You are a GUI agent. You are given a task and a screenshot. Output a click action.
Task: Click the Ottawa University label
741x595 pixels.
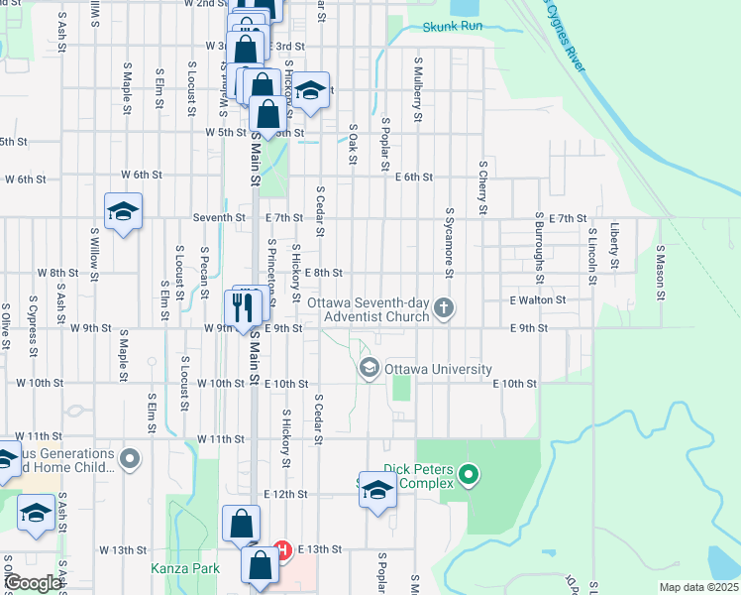click(x=438, y=369)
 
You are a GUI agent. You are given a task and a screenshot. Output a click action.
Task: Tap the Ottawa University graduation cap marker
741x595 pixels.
click(x=370, y=369)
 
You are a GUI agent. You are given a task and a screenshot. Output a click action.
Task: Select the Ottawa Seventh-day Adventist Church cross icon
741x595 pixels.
click(x=444, y=308)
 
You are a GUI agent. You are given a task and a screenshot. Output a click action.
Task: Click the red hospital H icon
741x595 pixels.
click(x=281, y=549)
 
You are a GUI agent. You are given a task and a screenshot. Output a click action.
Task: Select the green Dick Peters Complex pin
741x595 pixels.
click(x=471, y=477)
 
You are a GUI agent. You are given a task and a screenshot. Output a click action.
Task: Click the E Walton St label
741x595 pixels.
click(x=537, y=299)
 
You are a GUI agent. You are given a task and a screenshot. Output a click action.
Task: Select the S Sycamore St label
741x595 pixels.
click(x=449, y=242)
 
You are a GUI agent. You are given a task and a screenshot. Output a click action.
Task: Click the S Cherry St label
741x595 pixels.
click(x=482, y=185)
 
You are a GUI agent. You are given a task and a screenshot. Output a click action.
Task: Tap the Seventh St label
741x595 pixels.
click(x=219, y=217)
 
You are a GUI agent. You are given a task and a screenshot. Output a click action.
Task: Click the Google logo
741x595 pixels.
click(x=34, y=583)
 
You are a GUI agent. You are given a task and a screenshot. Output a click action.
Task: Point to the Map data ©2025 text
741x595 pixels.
click(x=697, y=587)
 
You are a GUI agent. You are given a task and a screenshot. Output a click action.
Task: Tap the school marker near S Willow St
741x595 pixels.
click(x=124, y=212)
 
